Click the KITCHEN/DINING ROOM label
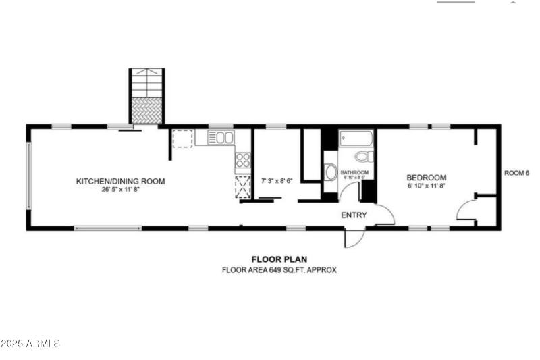point(120,181)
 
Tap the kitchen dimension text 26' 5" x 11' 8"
point(120,190)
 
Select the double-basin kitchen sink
point(221,138)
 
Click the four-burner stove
point(242,161)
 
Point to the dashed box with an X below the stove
point(242,185)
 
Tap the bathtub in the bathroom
point(356,138)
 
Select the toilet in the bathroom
point(363,157)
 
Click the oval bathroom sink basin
point(331,172)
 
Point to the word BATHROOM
point(354,173)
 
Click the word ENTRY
point(354,215)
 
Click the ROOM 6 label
point(516,173)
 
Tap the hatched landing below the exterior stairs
point(146,110)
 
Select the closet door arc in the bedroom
point(466,210)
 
